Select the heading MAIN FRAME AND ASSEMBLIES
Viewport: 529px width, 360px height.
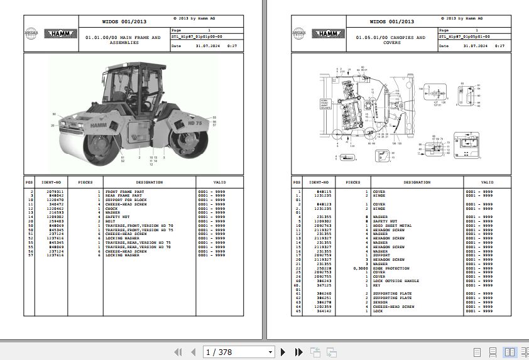(123, 40)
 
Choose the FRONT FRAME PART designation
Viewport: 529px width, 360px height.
(124, 192)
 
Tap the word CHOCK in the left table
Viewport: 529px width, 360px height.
(112, 209)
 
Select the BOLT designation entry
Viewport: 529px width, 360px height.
(111, 222)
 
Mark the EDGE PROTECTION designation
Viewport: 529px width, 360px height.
(391, 268)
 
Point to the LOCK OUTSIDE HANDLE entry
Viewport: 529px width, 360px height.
(396, 281)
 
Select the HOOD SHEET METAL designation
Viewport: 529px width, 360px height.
(393, 226)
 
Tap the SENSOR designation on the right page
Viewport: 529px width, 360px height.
(381, 302)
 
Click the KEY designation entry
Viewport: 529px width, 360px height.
(377, 285)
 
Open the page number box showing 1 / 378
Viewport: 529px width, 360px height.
(239, 352)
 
